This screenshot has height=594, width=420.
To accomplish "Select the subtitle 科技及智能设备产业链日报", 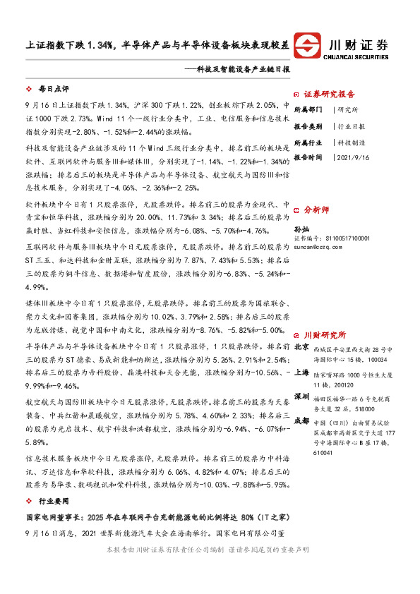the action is pyautogui.click(x=239, y=70).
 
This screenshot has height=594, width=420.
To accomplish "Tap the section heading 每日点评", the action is pyautogui.click(x=54, y=90).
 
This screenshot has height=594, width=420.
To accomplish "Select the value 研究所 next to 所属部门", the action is pyautogui.click(x=348, y=110).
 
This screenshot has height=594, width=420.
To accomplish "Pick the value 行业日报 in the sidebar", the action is pyautogui.click(x=351, y=126).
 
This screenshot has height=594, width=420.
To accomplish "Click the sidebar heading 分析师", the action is pyautogui.click(x=316, y=210).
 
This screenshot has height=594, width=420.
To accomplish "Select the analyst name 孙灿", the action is pyautogui.click(x=301, y=229).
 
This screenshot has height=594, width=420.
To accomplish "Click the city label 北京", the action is pyautogui.click(x=301, y=347).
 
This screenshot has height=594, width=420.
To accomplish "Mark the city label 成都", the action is pyautogui.click(x=301, y=420).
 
